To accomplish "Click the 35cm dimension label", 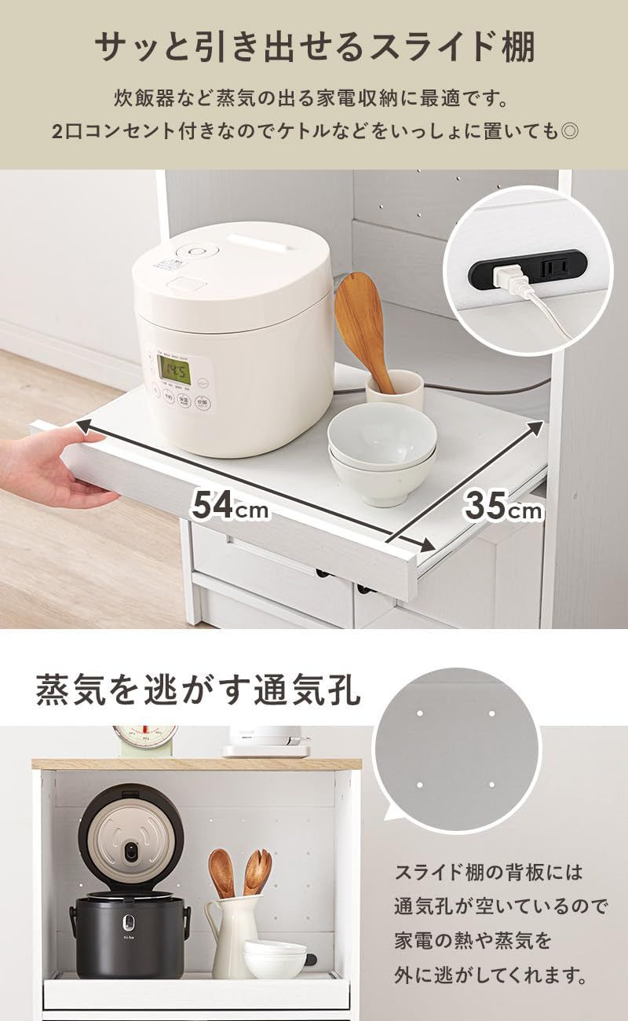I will (503, 506).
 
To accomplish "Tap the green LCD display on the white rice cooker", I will (173, 367).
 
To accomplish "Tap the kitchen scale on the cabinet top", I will (145, 739).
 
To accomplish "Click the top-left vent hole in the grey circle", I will (420, 714).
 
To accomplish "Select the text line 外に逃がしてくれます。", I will (491, 977).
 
